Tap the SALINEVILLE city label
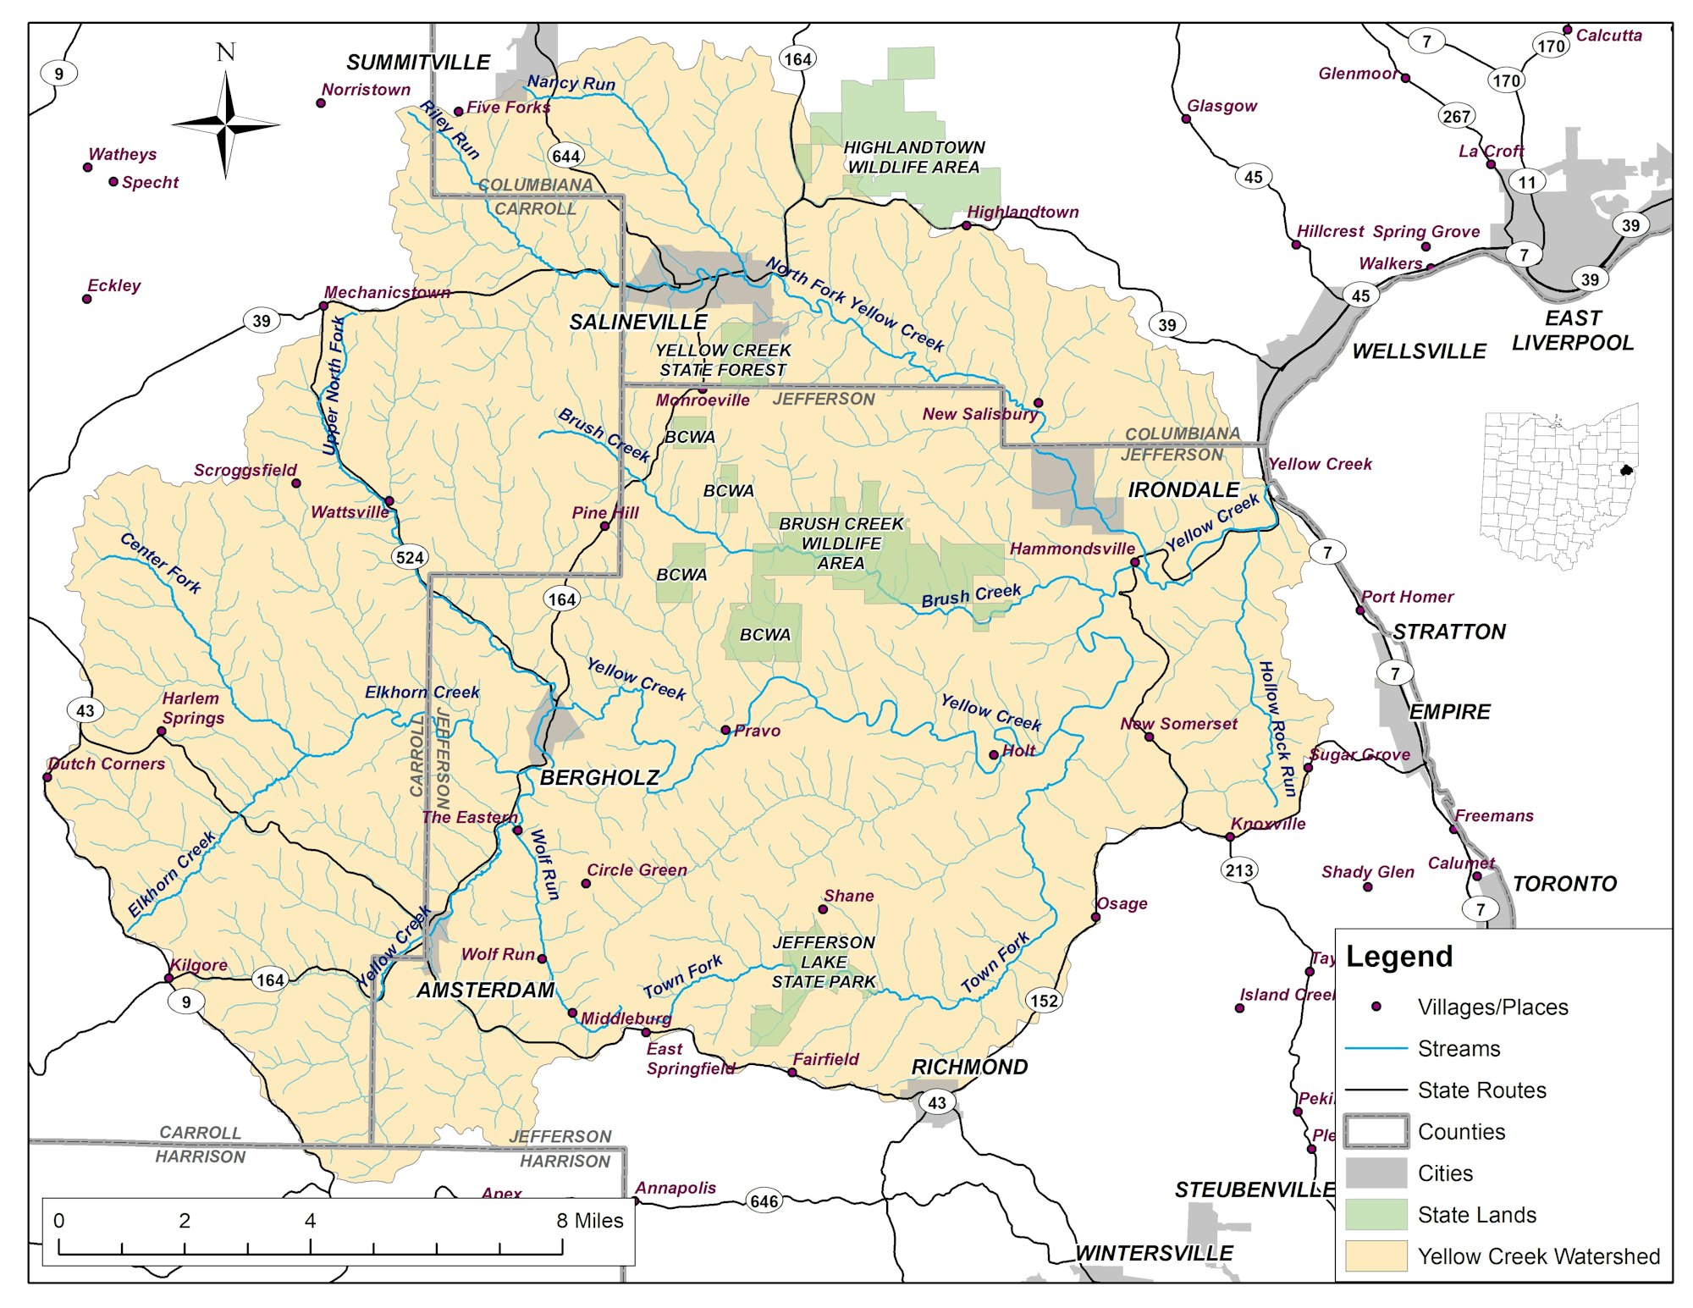[x=637, y=322]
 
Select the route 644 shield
[x=565, y=156]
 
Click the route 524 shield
[x=410, y=557]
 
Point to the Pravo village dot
[x=725, y=730]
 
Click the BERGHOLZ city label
[x=599, y=777]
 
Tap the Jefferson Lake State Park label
[x=824, y=962]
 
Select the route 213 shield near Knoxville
[x=1239, y=869]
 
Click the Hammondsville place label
[x=1072, y=549]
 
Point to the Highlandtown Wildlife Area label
[x=913, y=157]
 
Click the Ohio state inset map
[x=1559, y=487]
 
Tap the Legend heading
[x=1399, y=956]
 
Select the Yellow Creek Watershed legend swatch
[x=1376, y=1256]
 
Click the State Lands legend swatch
[x=1376, y=1214]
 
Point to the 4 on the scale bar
[x=311, y=1220]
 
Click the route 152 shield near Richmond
[x=1044, y=1000]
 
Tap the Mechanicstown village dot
[x=323, y=306]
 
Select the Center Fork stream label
[x=161, y=563]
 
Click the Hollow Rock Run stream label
[x=1277, y=728]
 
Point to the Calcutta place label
[x=1608, y=36]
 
